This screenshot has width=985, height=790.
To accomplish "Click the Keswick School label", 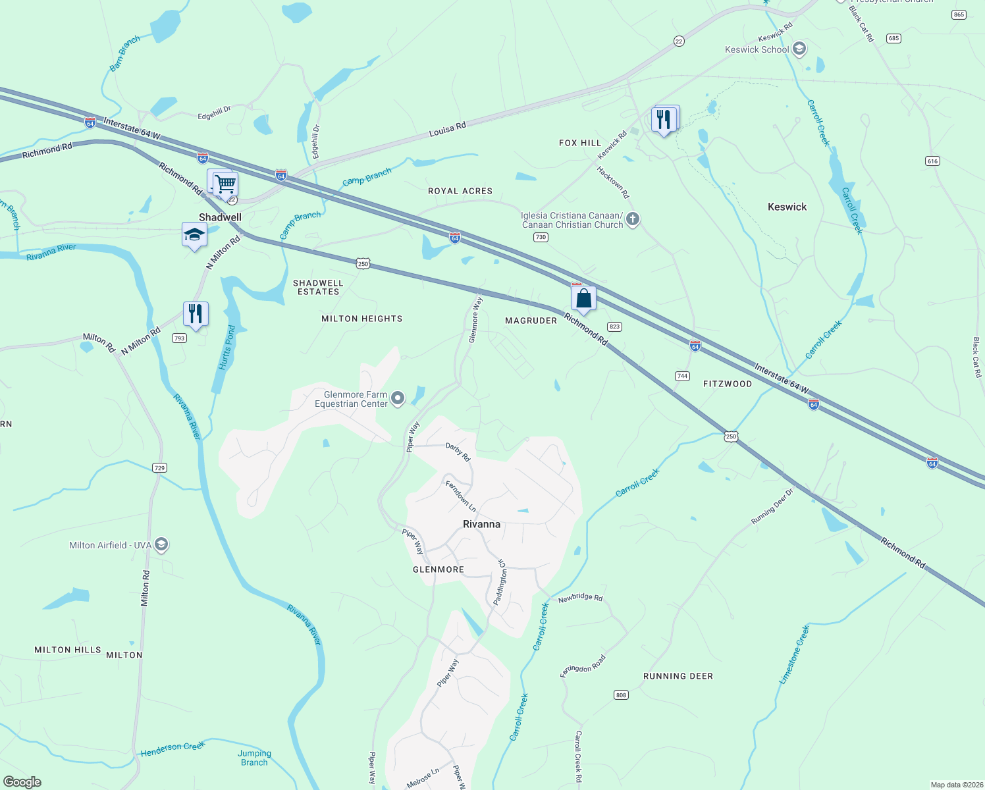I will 757,49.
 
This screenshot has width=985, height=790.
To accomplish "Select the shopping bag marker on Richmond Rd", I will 583,298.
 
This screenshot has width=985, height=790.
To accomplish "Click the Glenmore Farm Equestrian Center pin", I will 398,398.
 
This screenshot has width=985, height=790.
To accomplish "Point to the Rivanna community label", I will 481,524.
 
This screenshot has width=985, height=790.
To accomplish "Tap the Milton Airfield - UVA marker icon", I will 161,544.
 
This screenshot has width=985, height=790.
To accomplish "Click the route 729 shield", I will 159,468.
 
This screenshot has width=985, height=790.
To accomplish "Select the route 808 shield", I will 621,695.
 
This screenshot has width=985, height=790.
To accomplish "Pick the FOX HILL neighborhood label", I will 580,143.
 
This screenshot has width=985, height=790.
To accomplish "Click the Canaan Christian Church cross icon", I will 633,219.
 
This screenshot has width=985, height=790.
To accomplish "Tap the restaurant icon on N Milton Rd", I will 196,313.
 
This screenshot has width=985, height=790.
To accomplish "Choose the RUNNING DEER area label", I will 678,676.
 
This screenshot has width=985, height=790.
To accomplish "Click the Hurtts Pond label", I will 227,348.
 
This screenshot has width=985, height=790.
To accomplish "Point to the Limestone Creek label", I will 794,655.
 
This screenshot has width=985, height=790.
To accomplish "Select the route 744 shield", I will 682,376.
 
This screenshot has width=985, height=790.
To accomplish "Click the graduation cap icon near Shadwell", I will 194,235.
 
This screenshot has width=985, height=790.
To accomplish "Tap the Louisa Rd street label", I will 447,128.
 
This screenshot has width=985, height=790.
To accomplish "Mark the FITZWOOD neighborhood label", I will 727,384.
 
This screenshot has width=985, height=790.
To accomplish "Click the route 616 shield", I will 932,161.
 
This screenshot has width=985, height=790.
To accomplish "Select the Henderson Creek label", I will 173,748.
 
